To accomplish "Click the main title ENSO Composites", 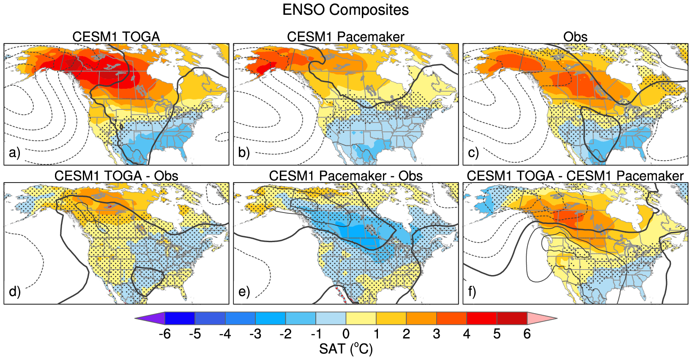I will coord(345,10).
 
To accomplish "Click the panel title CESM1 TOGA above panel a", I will coord(116,37).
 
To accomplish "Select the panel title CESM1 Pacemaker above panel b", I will coord(345,37).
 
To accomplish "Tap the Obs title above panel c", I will coord(575,37).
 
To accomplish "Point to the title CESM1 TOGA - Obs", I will coord(116,176).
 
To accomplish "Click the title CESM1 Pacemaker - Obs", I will coord(345,176).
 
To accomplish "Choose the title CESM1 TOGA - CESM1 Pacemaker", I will coord(575,176).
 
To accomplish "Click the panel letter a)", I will coord(14,153).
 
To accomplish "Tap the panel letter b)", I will coord(244,153).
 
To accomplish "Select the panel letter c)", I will coord(473,153).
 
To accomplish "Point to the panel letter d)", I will coord(14,292).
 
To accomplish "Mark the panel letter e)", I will coord(244,292).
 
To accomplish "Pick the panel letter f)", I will coord(472,292).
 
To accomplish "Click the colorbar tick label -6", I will coord(164,334).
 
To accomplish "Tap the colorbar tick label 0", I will coord(346,334).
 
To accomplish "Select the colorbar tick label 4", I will coord(467,334).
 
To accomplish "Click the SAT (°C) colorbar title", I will coord(346,349).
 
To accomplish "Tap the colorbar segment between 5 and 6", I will coord(512,318).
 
